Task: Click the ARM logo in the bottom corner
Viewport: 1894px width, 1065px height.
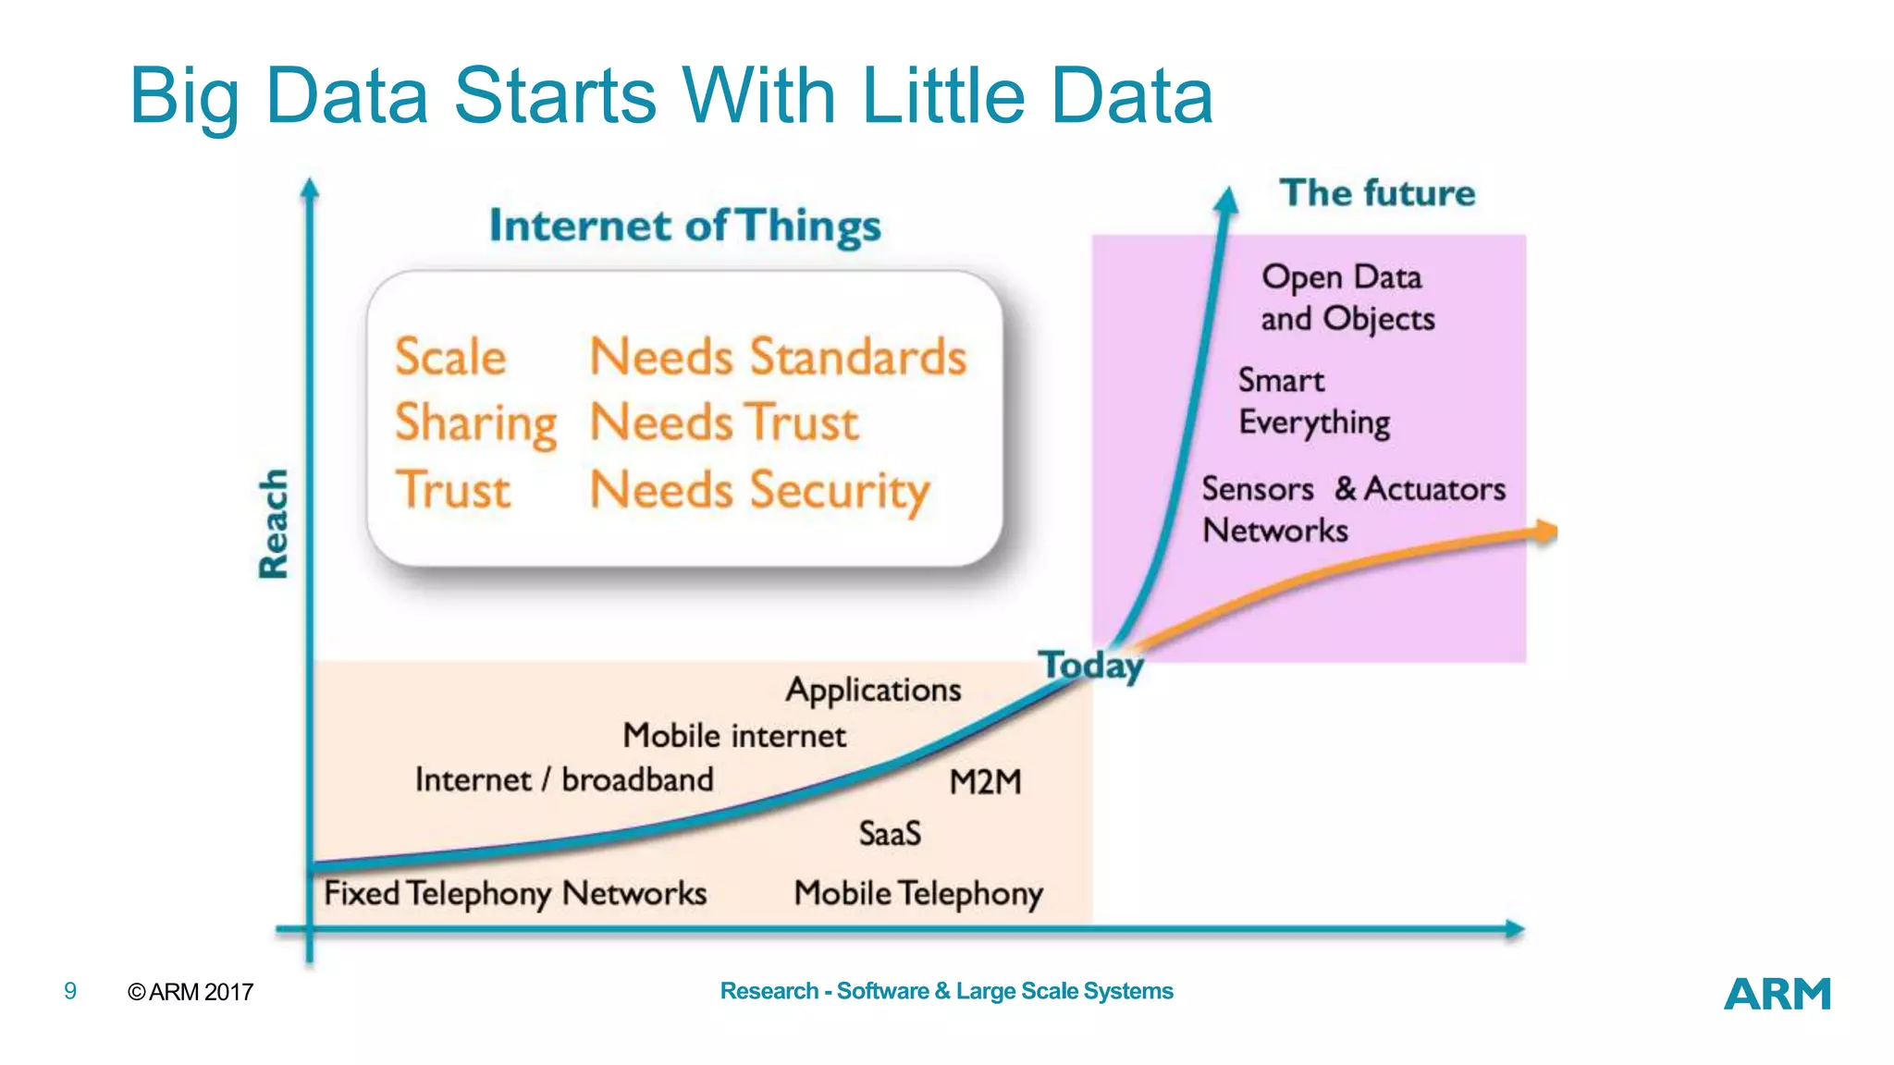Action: pos(1777,994)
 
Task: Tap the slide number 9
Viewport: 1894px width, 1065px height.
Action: pos(70,991)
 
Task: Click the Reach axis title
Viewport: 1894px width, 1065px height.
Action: pos(274,523)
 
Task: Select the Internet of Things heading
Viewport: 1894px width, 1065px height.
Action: pos(685,226)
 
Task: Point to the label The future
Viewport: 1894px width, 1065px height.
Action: pos(1377,193)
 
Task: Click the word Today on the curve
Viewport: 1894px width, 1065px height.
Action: pos(1091,666)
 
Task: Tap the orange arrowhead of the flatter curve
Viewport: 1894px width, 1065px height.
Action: pos(1546,532)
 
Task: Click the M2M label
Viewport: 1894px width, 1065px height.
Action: pos(985,783)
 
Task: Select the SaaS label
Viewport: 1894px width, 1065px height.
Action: pos(890,834)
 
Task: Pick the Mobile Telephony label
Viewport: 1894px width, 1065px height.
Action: pos(918,894)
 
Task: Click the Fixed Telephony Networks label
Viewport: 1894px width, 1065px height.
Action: pos(515,894)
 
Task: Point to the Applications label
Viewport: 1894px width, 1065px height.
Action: pos(873,691)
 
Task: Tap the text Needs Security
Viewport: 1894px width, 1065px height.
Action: pos(759,490)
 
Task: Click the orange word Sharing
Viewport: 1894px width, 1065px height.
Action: pos(475,424)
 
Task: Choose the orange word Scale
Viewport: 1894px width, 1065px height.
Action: pos(450,357)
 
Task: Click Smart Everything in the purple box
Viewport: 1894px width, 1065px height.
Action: pos(1313,401)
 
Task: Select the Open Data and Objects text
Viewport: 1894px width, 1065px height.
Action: pos(1347,298)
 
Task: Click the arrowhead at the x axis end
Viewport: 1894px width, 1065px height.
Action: pos(1514,929)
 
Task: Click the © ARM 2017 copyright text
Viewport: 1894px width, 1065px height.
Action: pos(191,992)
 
